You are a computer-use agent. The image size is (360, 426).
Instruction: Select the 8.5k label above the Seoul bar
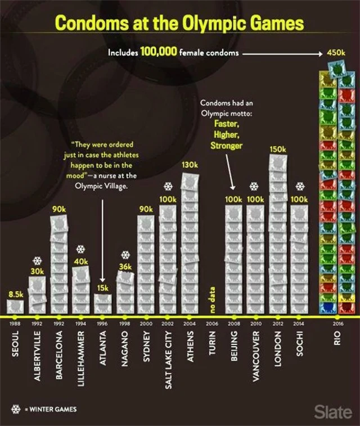click(x=15, y=294)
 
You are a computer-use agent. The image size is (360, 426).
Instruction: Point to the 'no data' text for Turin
click(x=212, y=300)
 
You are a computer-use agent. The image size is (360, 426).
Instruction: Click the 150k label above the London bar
click(x=277, y=149)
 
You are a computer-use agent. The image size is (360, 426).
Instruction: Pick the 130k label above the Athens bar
click(x=190, y=165)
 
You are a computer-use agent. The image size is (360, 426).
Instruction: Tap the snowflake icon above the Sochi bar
click(x=299, y=187)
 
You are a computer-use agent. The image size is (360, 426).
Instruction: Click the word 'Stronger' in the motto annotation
click(x=226, y=146)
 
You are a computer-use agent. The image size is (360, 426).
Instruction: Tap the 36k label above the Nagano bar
click(x=125, y=266)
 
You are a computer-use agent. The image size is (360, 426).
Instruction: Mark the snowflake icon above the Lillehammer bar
click(x=80, y=249)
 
